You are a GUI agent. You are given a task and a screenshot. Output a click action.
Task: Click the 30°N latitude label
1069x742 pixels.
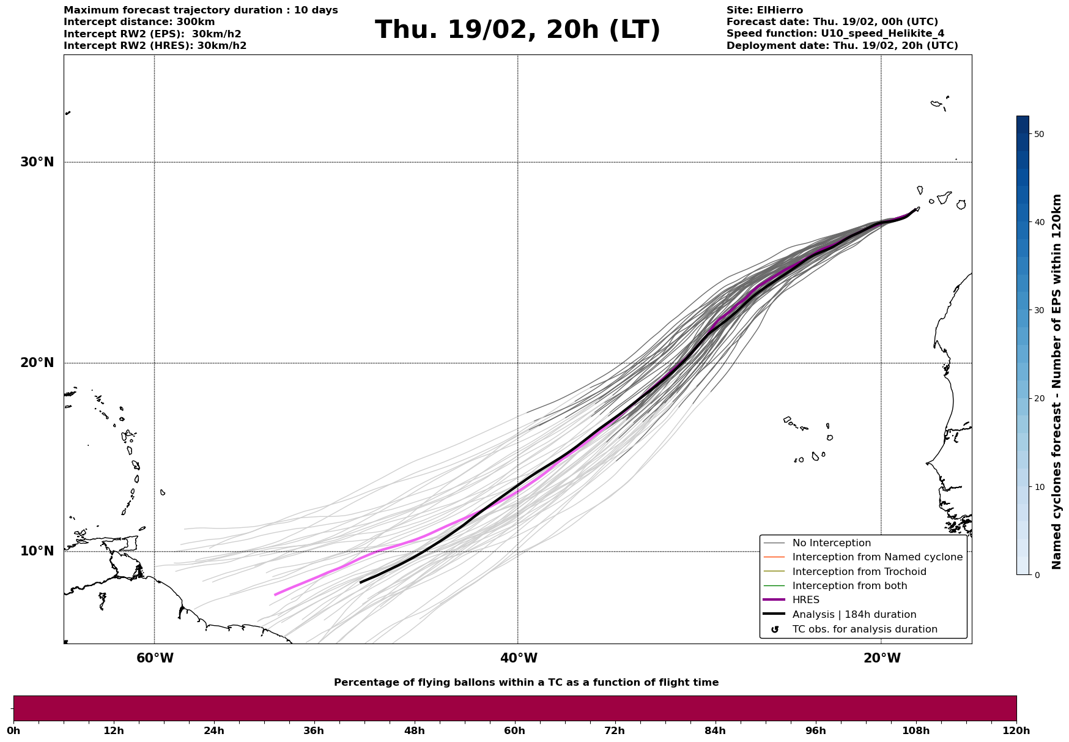click(37, 162)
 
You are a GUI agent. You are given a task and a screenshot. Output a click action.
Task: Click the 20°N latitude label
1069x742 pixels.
click(37, 363)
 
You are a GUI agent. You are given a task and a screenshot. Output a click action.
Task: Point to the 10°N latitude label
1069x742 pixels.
click(37, 551)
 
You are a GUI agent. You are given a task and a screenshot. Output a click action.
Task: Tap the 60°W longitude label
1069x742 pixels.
click(155, 658)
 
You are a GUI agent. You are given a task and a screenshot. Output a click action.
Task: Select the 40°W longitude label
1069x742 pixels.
click(519, 658)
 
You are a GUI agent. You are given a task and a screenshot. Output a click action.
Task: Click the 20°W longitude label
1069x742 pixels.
click(882, 658)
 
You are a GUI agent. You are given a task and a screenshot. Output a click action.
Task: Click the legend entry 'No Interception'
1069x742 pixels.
click(831, 543)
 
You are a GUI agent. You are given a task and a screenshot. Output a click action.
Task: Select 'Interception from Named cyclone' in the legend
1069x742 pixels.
click(877, 557)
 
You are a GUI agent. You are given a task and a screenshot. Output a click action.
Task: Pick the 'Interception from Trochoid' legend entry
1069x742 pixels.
click(859, 572)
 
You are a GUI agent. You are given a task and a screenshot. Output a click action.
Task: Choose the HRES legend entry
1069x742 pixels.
click(805, 600)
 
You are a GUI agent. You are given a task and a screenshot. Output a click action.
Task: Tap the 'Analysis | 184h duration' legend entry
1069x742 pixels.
click(854, 615)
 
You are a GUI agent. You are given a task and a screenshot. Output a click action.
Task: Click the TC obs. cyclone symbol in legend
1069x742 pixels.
click(775, 629)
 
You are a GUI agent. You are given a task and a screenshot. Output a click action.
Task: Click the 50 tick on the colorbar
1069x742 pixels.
click(1038, 134)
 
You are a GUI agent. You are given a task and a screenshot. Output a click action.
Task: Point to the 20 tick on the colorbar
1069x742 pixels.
click(1038, 398)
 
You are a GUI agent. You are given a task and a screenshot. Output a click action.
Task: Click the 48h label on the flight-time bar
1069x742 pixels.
click(414, 731)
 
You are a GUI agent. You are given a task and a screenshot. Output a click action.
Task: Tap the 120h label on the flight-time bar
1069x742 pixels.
click(1016, 731)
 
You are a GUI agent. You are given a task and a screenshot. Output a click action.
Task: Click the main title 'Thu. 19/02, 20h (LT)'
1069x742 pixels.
click(517, 29)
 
